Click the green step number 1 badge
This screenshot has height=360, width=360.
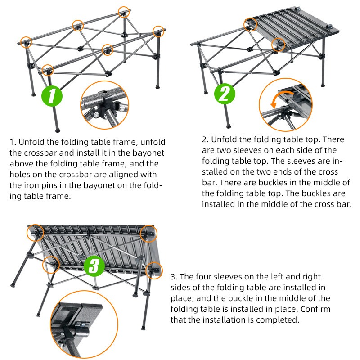tap(52, 96)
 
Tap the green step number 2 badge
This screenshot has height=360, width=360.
tap(225, 94)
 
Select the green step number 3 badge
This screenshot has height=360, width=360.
tap(94, 266)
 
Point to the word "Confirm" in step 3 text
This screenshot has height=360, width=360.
tap(315, 309)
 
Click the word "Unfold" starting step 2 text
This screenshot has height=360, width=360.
tap(224, 139)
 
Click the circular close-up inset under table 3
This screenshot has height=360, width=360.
tap(84, 324)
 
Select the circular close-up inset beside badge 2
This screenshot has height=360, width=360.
tap(286, 104)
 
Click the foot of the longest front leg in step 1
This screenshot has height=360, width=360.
tap(58, 130)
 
